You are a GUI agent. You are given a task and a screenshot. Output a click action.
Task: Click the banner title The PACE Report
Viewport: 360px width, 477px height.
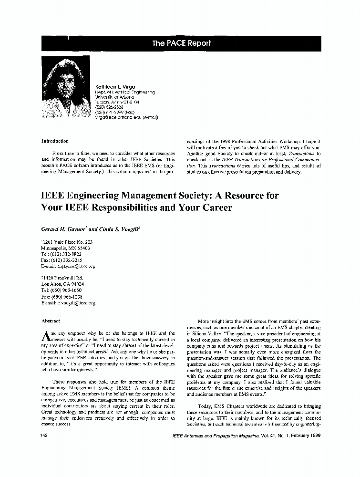[181, 43]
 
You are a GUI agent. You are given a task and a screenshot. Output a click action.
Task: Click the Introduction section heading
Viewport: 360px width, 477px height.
[55, 141]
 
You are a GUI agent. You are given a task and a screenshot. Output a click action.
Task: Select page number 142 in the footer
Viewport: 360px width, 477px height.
[46, 436]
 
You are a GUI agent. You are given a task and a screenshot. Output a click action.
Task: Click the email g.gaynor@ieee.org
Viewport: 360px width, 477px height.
[76, 267]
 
